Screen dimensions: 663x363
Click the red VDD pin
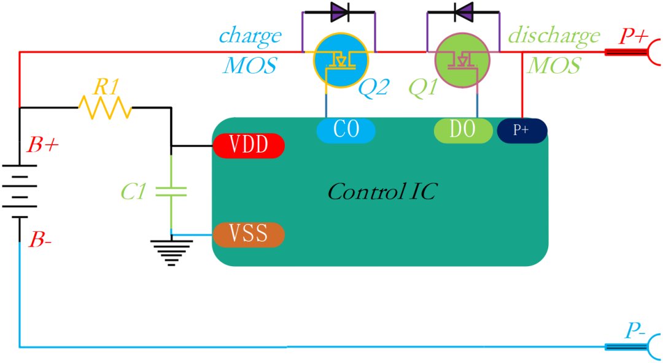click(249, 145)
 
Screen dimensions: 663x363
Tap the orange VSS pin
click(249, 234)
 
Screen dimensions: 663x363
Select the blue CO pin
click(346, 130)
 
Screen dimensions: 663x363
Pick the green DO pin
click(463, 130)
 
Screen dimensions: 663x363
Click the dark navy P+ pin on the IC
click(522, 131)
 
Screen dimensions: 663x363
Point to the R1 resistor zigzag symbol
click(105, 108)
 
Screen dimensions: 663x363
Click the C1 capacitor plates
click(171, 191)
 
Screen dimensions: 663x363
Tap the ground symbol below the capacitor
click(171, 253)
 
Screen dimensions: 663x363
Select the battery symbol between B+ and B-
click(20, 191)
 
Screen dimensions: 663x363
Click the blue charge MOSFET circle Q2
click(341, 61)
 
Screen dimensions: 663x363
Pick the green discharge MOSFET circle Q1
click(463, 61)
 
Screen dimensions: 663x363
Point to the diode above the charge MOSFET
click(340, 12)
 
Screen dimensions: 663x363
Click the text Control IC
click(382, 192)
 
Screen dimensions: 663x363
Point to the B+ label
click(42, 145)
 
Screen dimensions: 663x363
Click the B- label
click(40, 240)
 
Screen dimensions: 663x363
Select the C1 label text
click(134, 193)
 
